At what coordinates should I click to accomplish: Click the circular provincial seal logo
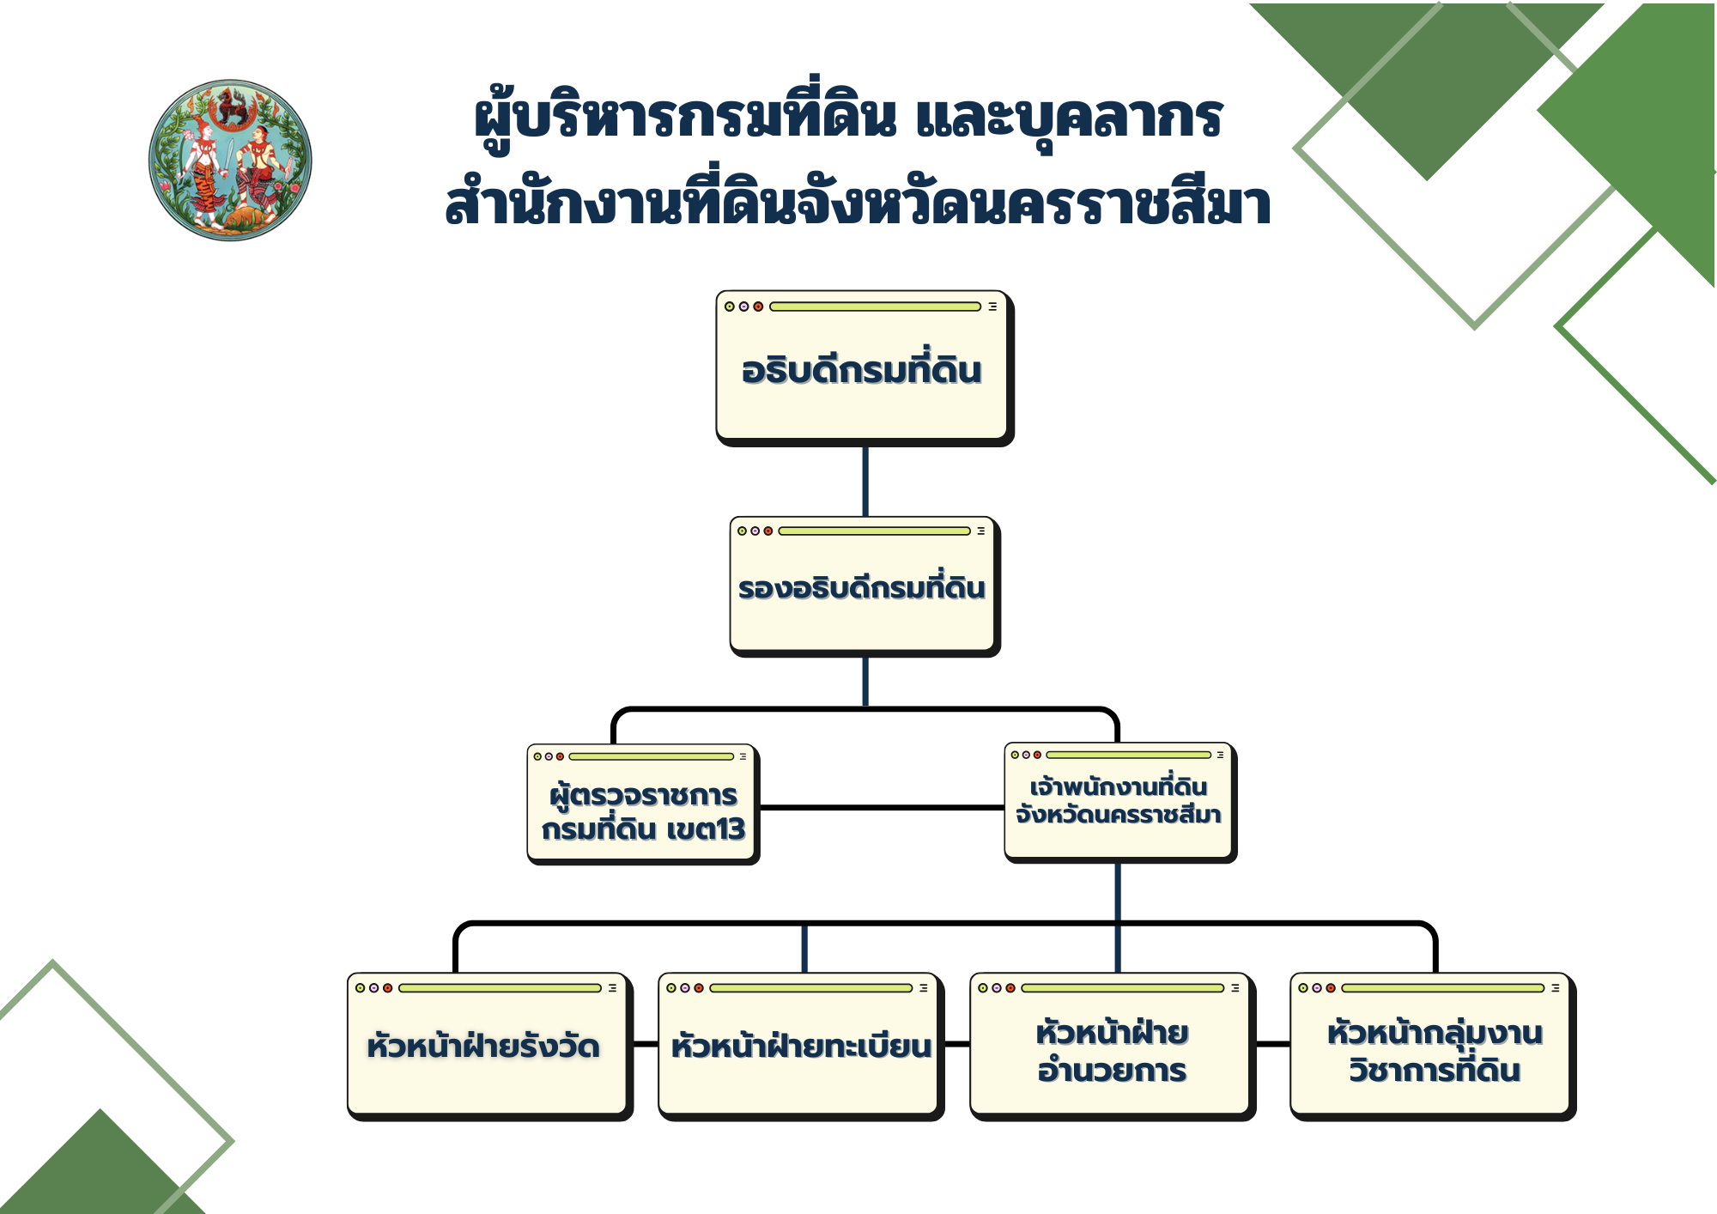pyautogui.click(x=230, y=161)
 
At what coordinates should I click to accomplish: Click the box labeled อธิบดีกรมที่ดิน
pyautogui.click(x=865, y=368)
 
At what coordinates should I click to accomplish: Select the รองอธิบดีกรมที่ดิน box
pyautogui.click(x=865, y=586)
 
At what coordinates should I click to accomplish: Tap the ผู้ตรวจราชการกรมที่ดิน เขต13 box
pyautogui.click(x=643, y=804)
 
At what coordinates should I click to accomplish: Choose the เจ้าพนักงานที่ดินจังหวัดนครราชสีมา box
pyautogui.click(x=1120, y=803)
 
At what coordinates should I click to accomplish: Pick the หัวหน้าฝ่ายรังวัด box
pyautogui.click(x=489, y=1047)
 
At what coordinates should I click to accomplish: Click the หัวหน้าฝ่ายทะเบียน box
pyautogui.click(x=801, y=1047)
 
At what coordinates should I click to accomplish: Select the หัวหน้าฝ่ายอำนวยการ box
pyautogui.click(x=1113, y=1047)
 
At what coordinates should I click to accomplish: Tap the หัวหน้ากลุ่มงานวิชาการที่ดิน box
pyautogui.click(x=1433, y=1047)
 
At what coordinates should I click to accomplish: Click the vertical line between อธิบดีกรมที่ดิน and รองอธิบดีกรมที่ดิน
pyautogui.click(x=865, y=482)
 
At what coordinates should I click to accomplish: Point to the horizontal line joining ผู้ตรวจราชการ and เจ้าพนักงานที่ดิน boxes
pyautogui.click(x=883, y=808)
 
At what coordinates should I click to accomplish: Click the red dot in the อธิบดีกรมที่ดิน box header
pyautogui.click(x=758, y=307)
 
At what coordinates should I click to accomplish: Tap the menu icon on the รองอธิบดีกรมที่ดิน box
pyautogui.click(x=980, y=531)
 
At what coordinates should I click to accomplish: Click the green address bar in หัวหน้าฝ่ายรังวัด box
pyautogui.click(x=500, y=988)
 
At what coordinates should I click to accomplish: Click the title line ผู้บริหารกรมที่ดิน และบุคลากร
pyautogui.click(x=848, y=118)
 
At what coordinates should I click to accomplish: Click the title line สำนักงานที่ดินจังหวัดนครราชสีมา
pyautogui.click(x=858, y=203)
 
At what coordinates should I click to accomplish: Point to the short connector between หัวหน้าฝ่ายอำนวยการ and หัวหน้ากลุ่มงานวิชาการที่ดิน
pyautogui.click(x=1273, y=1044)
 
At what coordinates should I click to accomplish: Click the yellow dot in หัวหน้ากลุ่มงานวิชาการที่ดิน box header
pyautogui.click(x=1303, y=988)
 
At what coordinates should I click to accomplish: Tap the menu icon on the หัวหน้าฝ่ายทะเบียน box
pyautogui.click(x=924, y=988)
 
